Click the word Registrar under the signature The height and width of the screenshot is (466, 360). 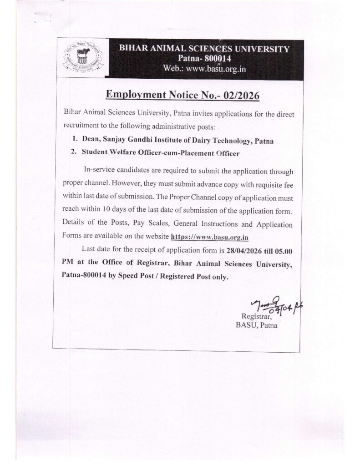(x=257, y=316)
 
